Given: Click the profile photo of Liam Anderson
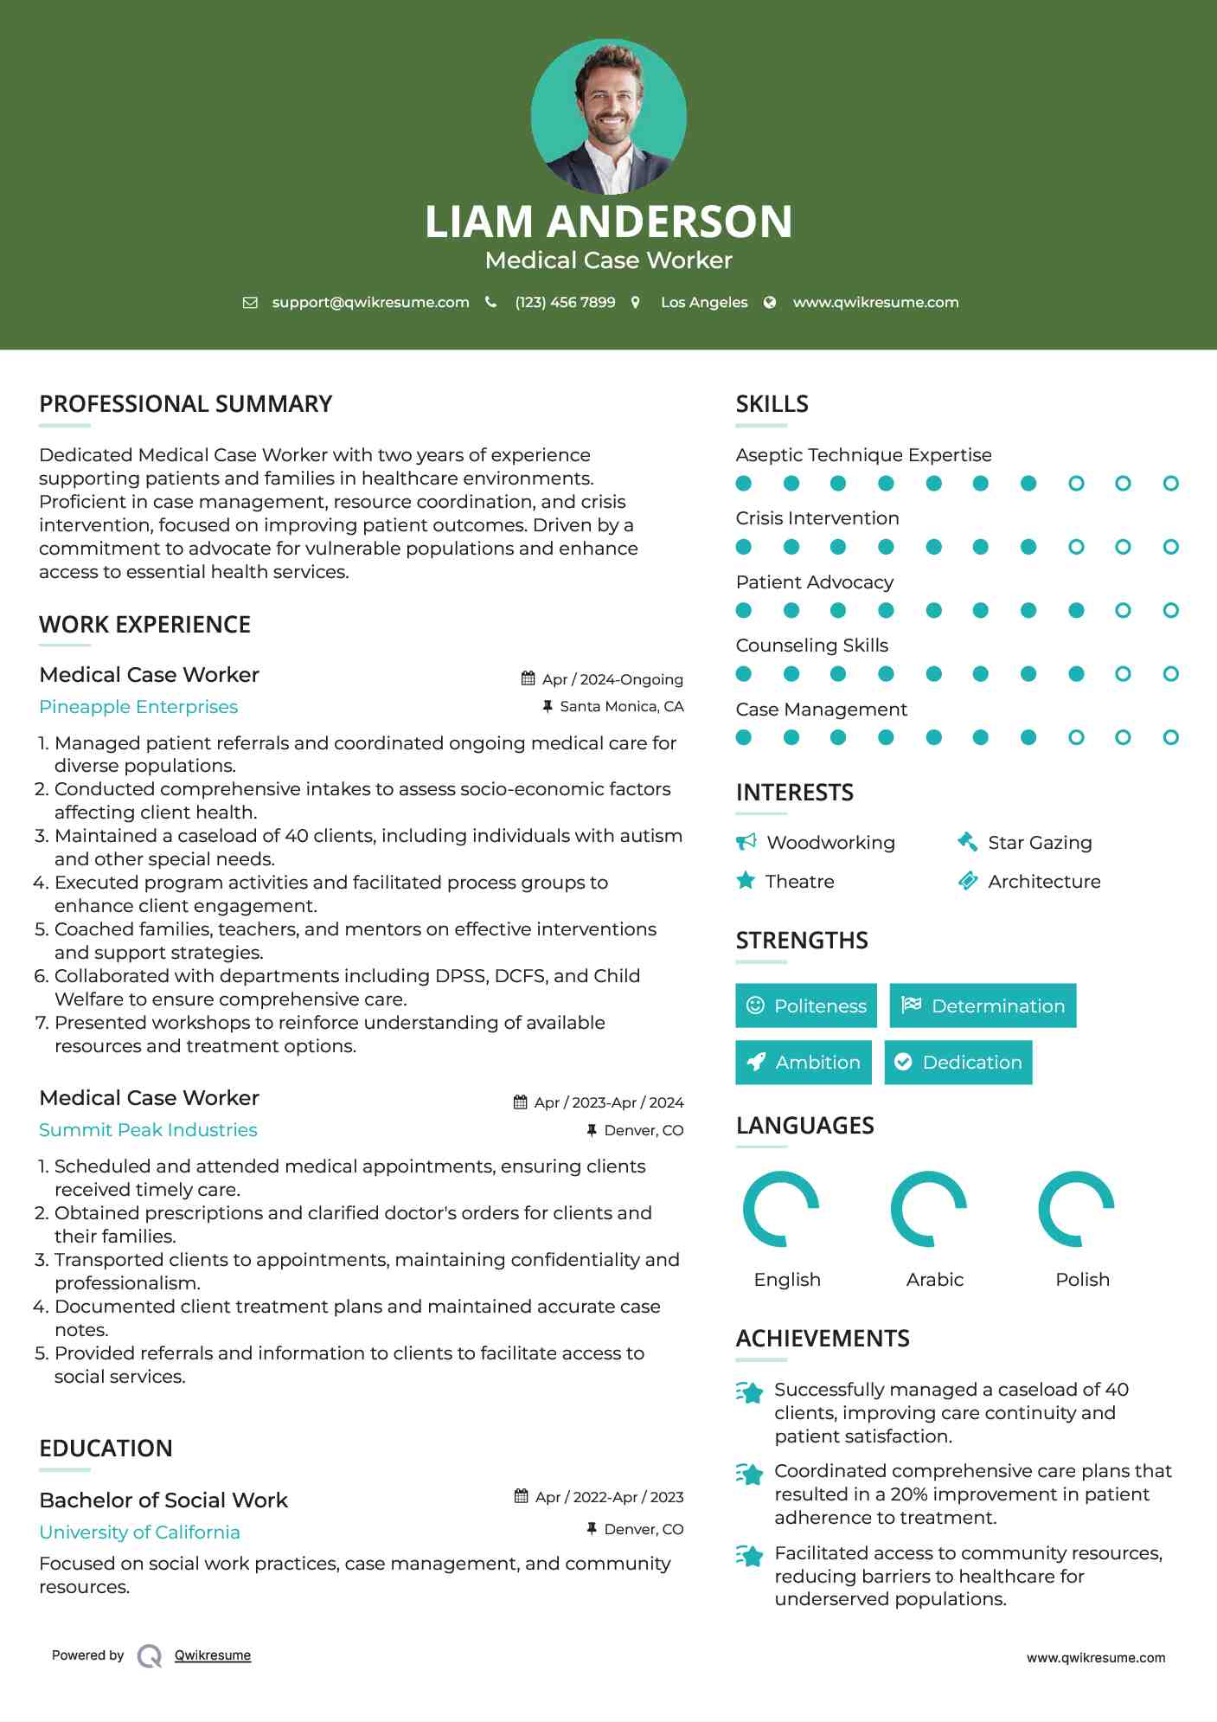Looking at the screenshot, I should click(x=608, y=117).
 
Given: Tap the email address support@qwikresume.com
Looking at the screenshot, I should click(x=370, y=302).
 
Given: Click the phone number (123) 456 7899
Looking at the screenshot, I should click(x=565, y=302).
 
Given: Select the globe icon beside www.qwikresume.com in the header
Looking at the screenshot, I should click(x=770, y=302).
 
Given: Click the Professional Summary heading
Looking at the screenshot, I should click(x=186, y=404).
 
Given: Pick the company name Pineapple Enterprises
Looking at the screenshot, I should click(x=138, y=707).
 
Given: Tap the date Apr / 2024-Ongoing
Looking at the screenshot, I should click(x=612, y=679).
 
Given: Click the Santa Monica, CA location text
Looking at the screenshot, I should click(x=621, y=707).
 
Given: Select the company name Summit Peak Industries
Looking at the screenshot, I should click(x=148, y=1130).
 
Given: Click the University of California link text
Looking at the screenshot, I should click(x=139, y=1532).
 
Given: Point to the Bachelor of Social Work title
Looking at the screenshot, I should click(x=163, y=1500).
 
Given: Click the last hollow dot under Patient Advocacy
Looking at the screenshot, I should click(x=1170, y=611).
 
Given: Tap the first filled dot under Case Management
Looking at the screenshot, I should click(x=744, y=737).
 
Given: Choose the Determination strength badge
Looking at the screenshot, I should click(x=983, y=1006).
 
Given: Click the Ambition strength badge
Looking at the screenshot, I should click(x=804, y=1063).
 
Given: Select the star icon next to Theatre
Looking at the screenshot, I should click(x=746, y=881).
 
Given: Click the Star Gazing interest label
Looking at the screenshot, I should click(x=1040, y=843).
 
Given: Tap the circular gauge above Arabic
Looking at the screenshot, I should click(x=928, y=1209).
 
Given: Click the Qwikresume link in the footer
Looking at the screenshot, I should click(x=213, y=1655).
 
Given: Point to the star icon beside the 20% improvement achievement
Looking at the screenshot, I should click(x=750, y=1474).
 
